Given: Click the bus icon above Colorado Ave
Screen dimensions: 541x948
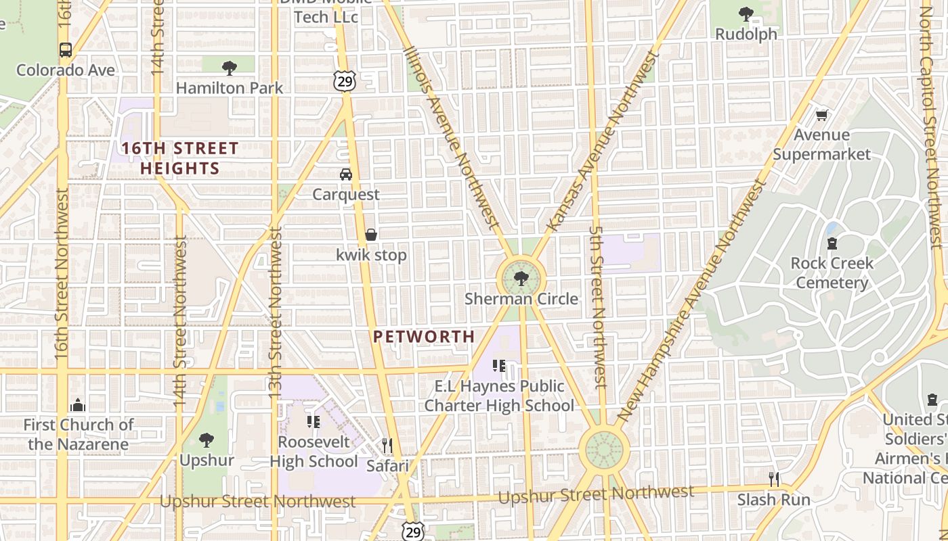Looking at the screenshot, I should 65,50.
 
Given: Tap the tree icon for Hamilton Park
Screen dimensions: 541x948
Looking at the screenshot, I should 230,68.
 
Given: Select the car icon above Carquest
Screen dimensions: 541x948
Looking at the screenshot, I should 346,174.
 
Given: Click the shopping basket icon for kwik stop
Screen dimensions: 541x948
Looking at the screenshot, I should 371,235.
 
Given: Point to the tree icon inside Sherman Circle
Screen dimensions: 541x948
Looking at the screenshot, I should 521,278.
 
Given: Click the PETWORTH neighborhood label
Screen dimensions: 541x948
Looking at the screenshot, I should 424,336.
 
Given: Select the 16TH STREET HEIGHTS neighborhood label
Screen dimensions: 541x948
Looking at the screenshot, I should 179,158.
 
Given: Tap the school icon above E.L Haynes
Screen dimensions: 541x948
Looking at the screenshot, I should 499,366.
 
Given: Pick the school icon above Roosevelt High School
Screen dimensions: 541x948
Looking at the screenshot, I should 313,421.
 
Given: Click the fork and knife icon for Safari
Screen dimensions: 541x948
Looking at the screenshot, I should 387,445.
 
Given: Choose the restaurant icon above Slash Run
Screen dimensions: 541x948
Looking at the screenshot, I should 774,479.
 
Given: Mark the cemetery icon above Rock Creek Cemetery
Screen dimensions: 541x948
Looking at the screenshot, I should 832,243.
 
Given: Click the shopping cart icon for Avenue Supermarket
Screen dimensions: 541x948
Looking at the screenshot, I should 821,115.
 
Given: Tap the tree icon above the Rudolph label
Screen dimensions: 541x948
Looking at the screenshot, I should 746,14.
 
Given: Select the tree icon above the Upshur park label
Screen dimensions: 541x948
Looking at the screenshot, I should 207,440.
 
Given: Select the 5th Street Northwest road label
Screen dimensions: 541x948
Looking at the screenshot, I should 597,306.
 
